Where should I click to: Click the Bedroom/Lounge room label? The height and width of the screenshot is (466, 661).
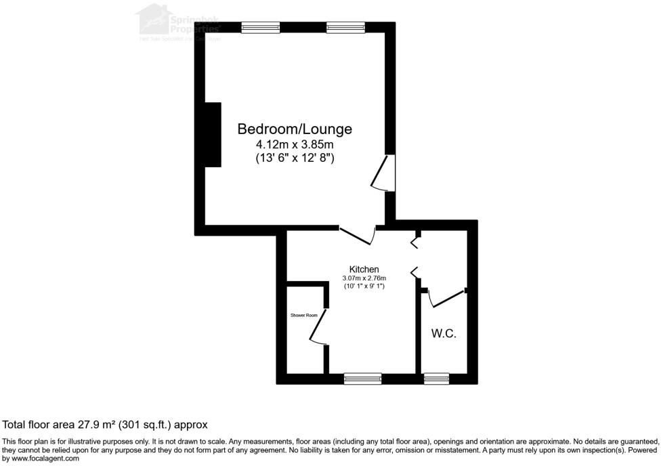tap(295, 129)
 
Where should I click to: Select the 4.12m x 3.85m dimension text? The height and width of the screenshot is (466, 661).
tap(295, 144)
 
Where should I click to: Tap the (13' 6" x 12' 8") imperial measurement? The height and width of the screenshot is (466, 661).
tap(295, 158)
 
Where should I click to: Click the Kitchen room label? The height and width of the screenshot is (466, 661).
tap(364, 269)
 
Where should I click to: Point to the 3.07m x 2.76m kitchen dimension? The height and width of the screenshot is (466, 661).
tap(364, 278)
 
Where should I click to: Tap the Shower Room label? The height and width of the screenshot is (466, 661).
tap(304, 315)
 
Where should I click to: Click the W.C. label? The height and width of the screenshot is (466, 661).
tap(444, 333)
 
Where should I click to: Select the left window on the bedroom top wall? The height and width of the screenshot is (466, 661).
tap(261, 28)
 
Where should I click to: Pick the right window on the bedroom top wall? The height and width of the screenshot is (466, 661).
tap(345, 28)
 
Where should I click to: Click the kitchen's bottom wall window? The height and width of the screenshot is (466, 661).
tap(362, 379)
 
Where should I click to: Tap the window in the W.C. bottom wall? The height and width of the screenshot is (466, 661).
tap(437, 379)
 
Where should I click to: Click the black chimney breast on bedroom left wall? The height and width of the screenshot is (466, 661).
tap(213, 135)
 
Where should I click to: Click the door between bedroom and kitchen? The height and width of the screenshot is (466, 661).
tap(358, 235)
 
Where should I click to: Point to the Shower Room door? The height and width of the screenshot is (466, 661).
tap(318, 327)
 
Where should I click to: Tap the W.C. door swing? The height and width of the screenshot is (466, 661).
tap(444, 298)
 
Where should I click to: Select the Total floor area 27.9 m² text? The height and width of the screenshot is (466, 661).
tap(105, 425)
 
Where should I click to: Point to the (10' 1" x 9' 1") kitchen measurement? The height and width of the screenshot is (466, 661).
tap(364, 286)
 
